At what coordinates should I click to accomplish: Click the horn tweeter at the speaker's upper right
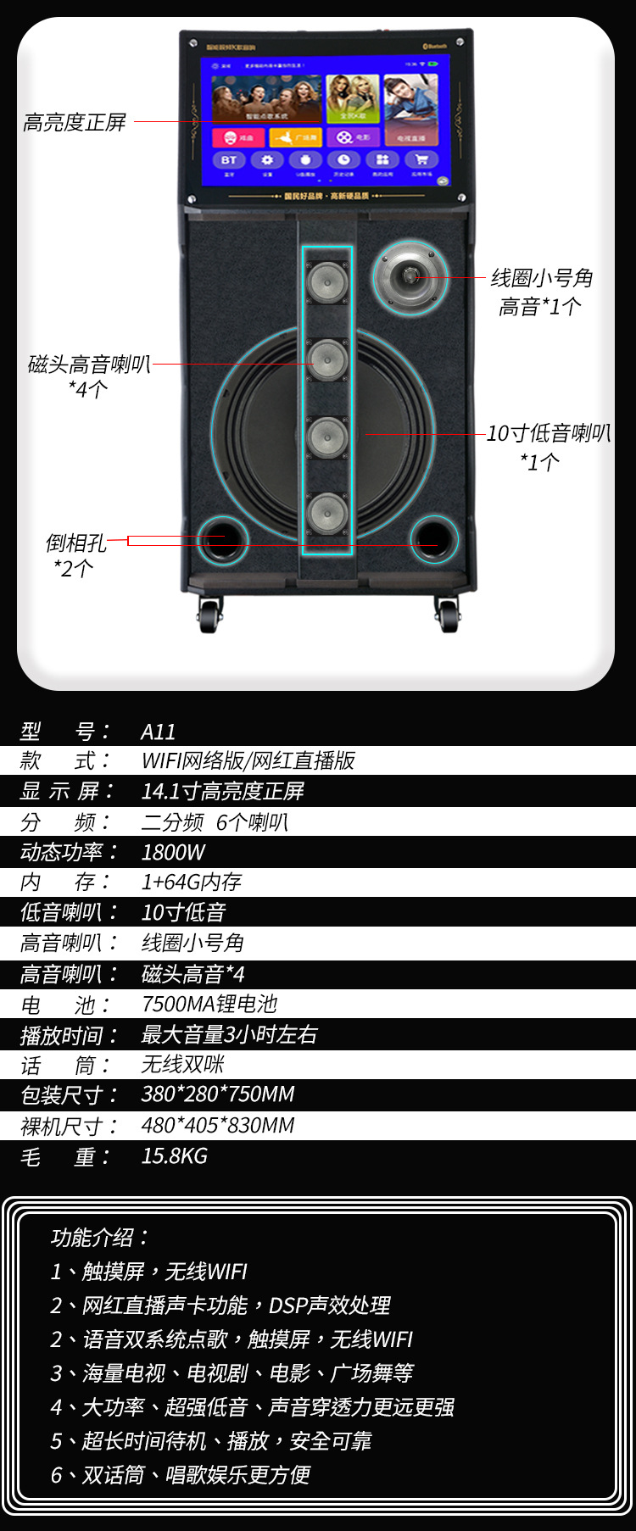pos(410,276)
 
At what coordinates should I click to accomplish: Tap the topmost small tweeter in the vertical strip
pos(327,282)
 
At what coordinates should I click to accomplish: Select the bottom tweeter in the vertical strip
pos(327,514)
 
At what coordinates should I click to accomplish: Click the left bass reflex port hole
pos(222,539)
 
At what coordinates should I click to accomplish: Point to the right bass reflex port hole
pos(434,539)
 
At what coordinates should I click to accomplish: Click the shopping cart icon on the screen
pos(421,160)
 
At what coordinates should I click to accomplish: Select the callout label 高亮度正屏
pos(75,123)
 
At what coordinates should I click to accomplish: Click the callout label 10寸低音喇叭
pos(548,434)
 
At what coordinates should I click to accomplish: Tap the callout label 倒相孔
pos(75,543)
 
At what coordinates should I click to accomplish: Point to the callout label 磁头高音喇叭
pos(89,365)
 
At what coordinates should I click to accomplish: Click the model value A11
pos(159,732)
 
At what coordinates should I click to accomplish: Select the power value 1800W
pos(173,852)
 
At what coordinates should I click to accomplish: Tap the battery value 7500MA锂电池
pos(209,1004)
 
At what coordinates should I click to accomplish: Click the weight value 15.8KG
pos(174,1155)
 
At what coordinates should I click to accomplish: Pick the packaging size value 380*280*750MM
pos(218,1094)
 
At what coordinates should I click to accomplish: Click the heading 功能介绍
pos(99,1238)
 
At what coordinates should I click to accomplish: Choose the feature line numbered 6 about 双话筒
pos(181,1475)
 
